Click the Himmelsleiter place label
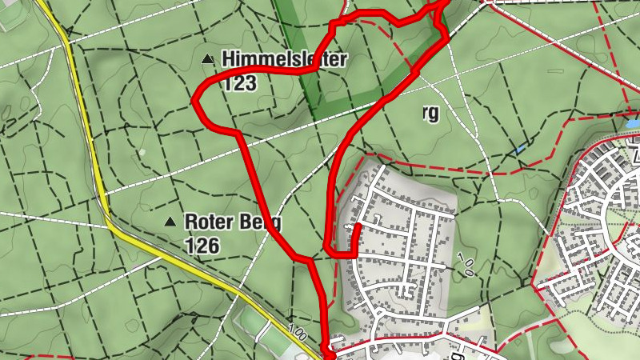pos(284,58)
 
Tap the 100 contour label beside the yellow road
pos(298,330)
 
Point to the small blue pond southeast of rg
pos(521,149)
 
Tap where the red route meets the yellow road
pos(327,349)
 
